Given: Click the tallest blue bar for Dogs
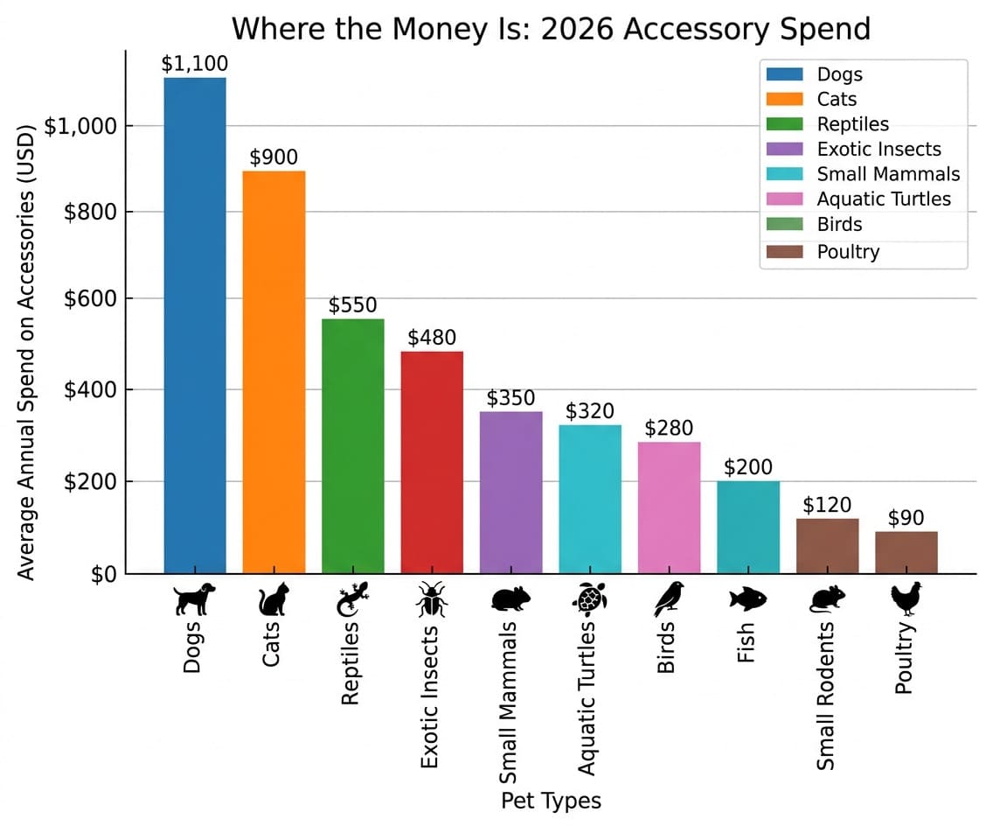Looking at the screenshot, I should pos(195,325).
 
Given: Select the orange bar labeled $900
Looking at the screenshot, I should pos(274,372).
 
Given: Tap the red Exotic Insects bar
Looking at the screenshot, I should pos(432,462).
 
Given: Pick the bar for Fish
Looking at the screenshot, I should pos(748,527).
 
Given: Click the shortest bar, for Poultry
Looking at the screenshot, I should pos(906,552).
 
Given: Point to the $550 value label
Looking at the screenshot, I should pos(352,305).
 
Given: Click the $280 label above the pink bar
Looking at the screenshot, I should pos(669,428).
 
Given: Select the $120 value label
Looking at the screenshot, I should pos(827,505).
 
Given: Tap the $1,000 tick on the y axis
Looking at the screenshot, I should pos(80,126).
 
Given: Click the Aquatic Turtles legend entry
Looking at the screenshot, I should pos(883,199).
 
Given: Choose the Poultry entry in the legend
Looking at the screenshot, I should pos(848,252).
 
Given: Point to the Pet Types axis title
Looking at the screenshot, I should pos(551,801).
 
